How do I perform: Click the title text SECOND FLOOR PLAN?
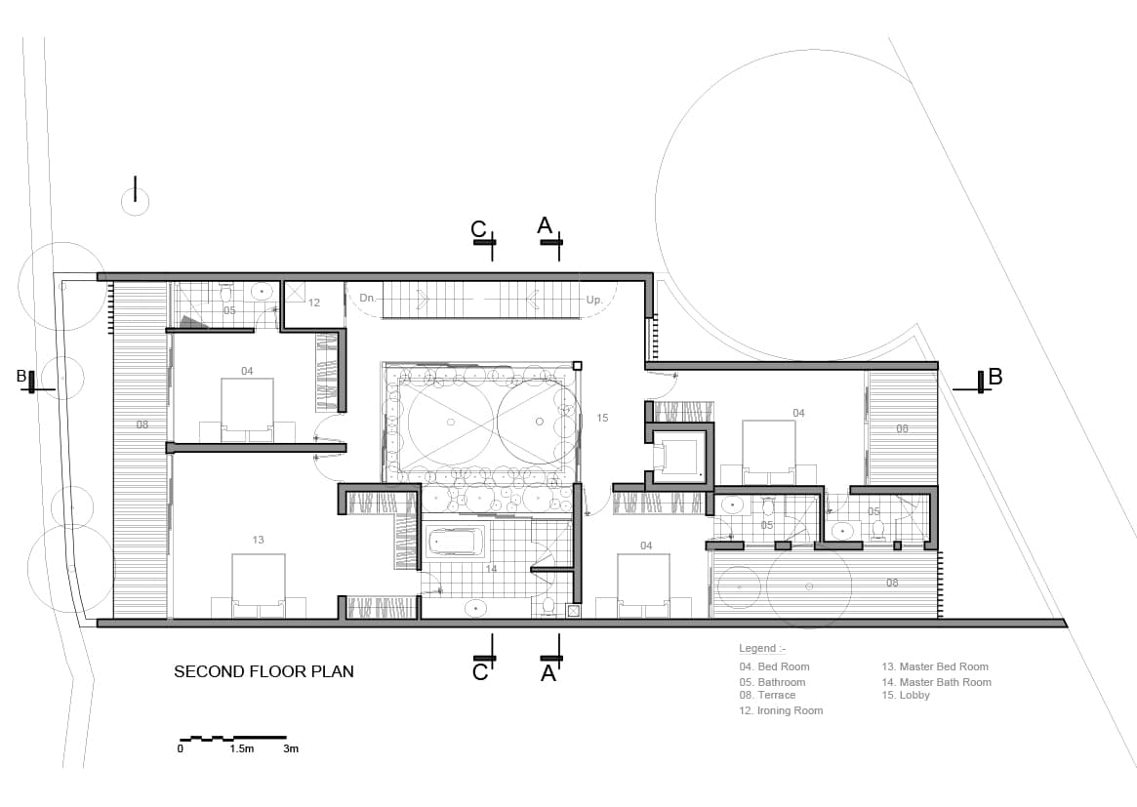tap(264, 671)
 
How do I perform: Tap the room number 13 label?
tap(258, 540)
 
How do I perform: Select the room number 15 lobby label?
tap(602, 418)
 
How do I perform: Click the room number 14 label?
tap(491, 568)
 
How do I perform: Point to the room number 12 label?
tap(313, 303)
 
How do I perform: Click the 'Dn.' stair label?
tap(368, 298)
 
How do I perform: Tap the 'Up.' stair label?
tap(594, 300)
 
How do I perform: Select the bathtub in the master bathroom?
tap(455, 541)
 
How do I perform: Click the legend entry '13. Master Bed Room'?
tap(935, 666)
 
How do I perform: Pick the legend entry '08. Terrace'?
tap(767, 695)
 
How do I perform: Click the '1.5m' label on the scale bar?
tap(241, 749)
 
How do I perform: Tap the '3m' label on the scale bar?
tap(290, 749)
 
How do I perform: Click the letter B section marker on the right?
tap(995, 376)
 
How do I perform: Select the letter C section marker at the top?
tap(478, 228)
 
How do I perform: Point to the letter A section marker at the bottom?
tap(548, 672)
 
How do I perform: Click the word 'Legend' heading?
tap(756, 648)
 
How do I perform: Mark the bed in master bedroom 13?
tap(259, 585)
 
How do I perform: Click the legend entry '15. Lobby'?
tap(906, 695)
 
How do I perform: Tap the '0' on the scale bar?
tap(181, 749)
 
